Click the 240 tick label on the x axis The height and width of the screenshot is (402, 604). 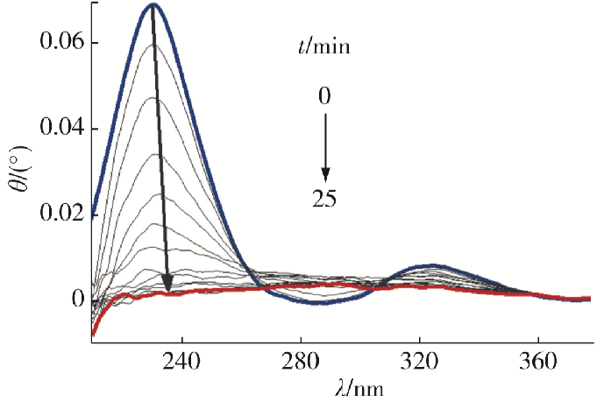181,360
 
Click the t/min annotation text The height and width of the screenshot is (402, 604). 322,46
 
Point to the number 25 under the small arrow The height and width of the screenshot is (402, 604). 324,200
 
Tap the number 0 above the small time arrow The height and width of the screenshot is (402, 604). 324,94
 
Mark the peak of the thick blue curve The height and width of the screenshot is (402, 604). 153,5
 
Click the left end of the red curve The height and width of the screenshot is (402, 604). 92,333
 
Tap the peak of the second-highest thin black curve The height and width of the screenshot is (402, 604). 153,46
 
